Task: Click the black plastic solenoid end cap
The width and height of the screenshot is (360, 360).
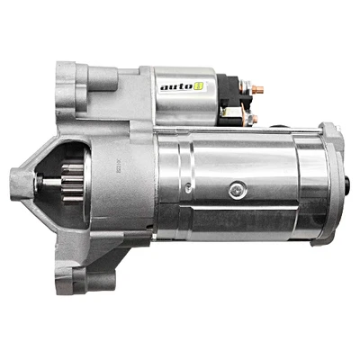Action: click(236, 99)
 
